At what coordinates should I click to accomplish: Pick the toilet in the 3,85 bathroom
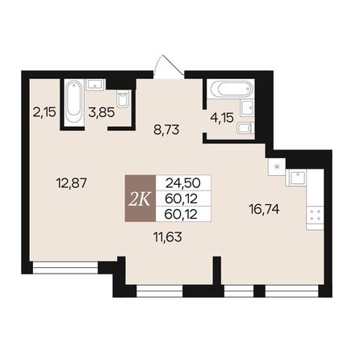tap(122, 99)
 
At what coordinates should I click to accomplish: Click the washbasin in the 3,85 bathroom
tap(94, 84)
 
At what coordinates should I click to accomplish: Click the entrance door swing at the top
tap(167, 66)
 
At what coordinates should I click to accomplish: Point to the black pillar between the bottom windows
tap(216, 274)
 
